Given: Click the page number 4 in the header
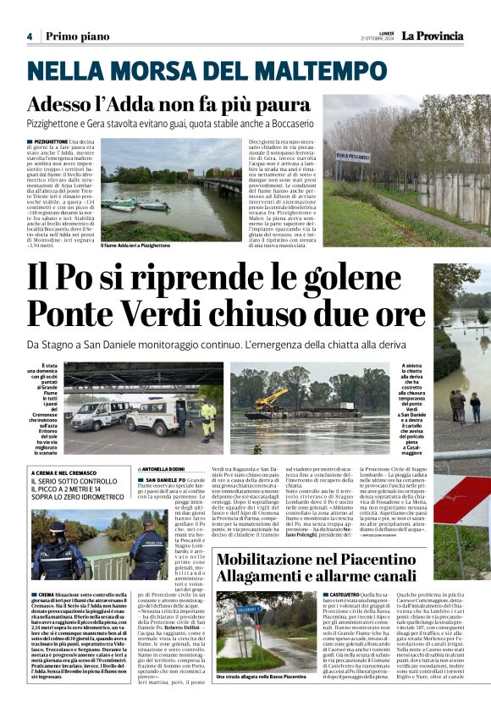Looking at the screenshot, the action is click(29, 36).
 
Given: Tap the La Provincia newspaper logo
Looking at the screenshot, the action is click(432, 36).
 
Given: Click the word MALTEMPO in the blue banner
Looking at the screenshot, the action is click(318, 71).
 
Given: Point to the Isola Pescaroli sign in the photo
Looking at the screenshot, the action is click(353, 156).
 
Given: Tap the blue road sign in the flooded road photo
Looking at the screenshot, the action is click(249, 610).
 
